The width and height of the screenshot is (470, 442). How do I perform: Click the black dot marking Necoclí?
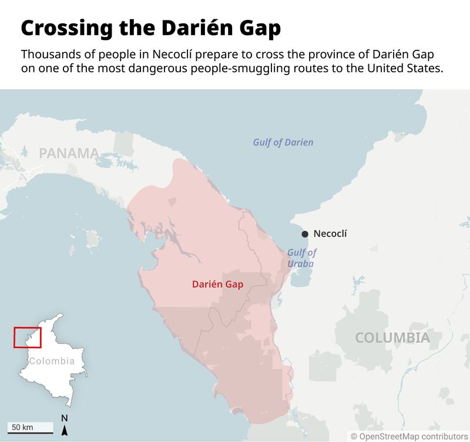[304, 234]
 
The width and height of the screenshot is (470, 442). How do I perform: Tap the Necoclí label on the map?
[330, 234]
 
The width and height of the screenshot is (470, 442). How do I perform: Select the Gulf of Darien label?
[283, 143]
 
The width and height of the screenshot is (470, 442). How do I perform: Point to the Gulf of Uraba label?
[301, 258]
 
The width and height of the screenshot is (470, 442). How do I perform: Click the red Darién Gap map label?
[217, 284]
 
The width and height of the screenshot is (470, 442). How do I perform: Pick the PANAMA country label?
[69, 154]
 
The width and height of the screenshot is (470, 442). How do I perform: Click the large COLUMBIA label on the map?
[392, 338]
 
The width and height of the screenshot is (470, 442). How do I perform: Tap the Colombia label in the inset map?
[52, 361]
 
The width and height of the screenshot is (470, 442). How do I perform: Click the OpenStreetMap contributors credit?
[409, 436]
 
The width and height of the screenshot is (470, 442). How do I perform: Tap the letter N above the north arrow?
[65, 418]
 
